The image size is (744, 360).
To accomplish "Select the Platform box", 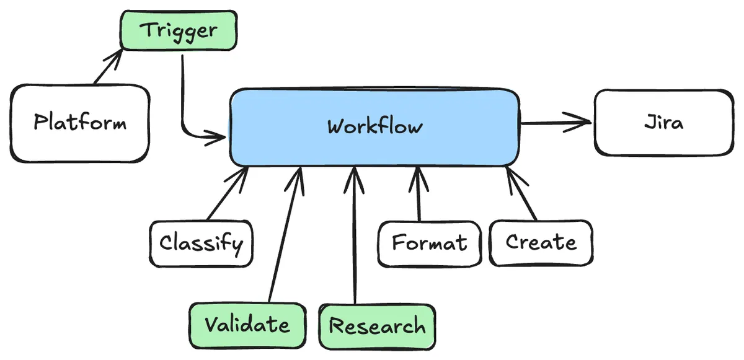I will pos(80,123).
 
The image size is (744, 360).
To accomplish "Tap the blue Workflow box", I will pos(374,127).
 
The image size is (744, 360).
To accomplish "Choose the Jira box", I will pos(663,122).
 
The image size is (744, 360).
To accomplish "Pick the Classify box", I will pos(201,243).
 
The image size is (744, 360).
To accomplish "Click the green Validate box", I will pos(247,325).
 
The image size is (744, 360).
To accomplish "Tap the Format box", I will pos(430,243).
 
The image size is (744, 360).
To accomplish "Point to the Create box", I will pos(541,242).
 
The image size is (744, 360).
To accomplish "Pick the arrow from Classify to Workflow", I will pos(228,193).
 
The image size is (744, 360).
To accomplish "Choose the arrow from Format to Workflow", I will pos(418,195).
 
